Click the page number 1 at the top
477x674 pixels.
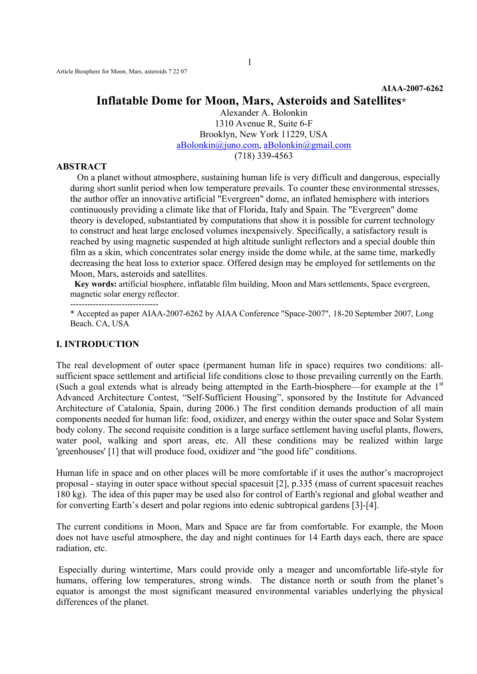tap(249, 62)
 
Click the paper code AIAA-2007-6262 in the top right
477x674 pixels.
tap(412, 89)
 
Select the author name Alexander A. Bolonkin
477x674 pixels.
tap(263, 113)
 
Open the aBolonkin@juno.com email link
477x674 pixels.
tap(218, 145)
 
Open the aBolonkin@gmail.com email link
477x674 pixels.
tap(307, 145)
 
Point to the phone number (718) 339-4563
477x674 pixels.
tap(263, 156)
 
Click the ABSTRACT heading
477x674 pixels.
tap(81, 167)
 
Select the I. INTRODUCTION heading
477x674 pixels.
tap(98, 344)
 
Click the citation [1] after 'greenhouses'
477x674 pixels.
tap(113, 452)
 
